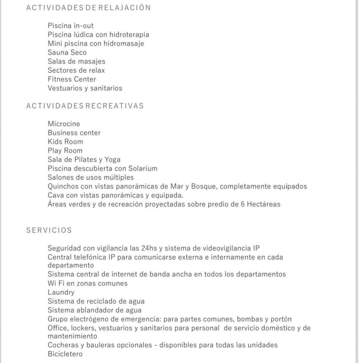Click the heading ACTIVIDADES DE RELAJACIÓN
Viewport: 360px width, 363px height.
(88, 7)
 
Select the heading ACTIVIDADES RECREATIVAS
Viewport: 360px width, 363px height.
(85, 106)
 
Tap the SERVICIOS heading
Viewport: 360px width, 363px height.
(49, 230)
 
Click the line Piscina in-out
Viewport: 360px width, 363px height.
(70, 26)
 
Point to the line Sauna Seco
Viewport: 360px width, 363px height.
(67, 53)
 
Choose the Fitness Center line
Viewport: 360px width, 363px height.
(72, 79)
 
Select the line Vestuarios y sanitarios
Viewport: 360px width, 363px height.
(85, 88)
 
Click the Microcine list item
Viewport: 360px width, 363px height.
(64, 124)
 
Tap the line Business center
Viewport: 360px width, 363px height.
(74, 133)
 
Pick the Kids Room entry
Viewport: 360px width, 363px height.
(65, 142)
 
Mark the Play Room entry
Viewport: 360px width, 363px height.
(65, 151)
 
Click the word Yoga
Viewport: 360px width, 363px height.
(113, 159)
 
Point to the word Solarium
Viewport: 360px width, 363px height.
(142, 168)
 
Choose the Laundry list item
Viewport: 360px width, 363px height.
(61, 292)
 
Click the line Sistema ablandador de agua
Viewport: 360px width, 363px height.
(94, 310)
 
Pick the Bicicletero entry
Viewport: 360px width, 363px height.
(65, 354)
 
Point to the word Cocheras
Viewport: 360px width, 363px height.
(63, 345)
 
